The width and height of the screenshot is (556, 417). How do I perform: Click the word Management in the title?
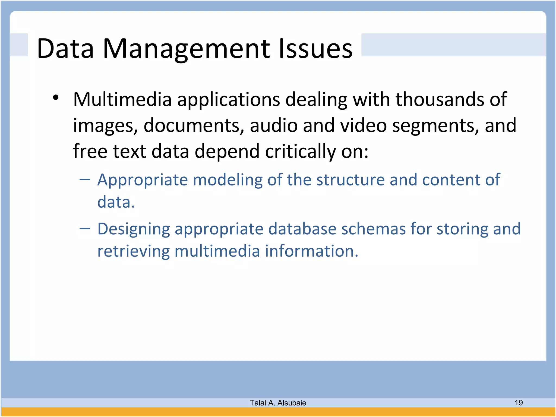[x=187, y=49]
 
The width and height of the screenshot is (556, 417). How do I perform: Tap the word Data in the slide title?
[x=65, y=49]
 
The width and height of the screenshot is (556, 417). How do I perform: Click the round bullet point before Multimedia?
[x=56, y=98]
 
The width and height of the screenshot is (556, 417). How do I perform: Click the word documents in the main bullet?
[x=194, y=125]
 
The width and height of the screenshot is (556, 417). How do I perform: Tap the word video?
[x=363, y=125]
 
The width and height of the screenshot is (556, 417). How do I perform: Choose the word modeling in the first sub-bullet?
[x=228, y=180]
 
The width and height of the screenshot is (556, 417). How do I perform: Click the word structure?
[x=350, y=180]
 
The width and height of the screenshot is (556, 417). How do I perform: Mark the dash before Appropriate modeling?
[x=85, y=179]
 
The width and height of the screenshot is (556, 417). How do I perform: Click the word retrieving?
[x=133, y=251]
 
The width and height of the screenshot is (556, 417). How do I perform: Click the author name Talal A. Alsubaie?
[x=278, y=403]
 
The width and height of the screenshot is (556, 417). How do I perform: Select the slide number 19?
[x=519, y=403]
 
